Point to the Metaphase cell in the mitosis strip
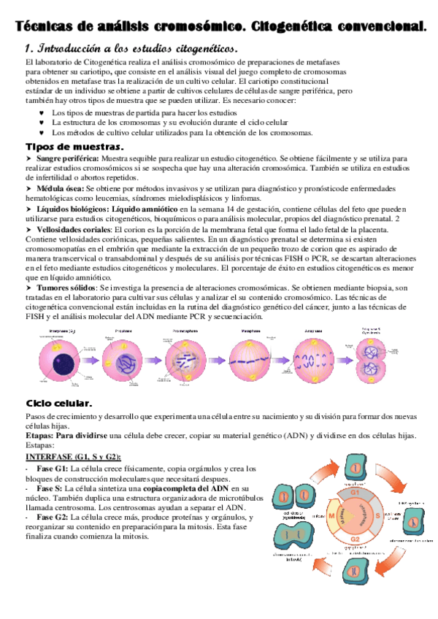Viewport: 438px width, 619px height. pyautogui.click(x=251, y=361)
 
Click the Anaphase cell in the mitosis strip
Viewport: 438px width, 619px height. pyautogui.click(x=314, y=360)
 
